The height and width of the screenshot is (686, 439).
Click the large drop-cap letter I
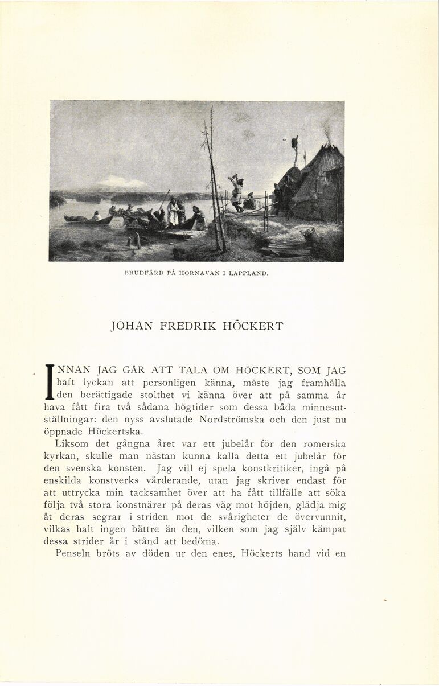tap(49, 382)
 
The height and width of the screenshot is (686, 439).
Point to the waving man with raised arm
tap(236, 191)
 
